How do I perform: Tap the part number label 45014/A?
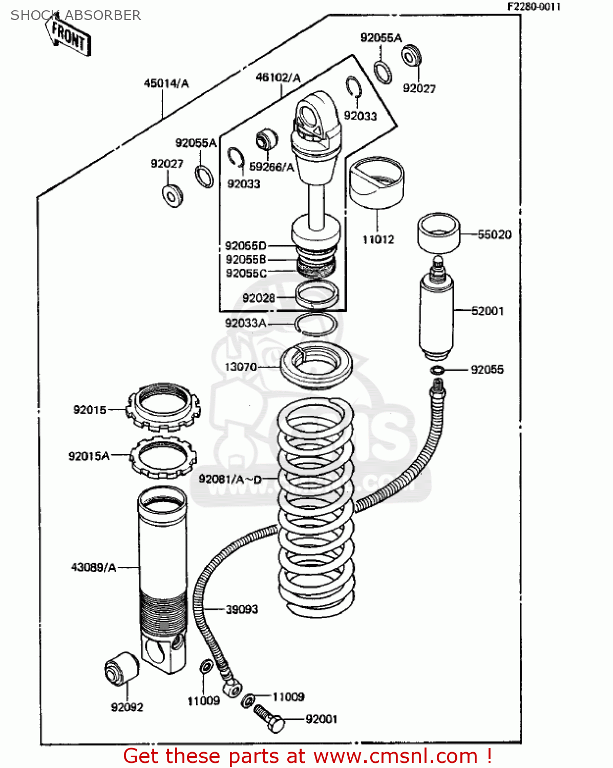click(166, 83)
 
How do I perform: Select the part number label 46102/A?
click(278, 78)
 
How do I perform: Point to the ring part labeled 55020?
click(438, 233)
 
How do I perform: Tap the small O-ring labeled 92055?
click(437, 370)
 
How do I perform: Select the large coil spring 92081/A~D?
click(315, 507)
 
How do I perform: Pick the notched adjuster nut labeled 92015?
click(163, 408)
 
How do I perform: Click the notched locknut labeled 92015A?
click(163, 457)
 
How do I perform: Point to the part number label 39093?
click(242, 609)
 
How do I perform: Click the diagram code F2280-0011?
click(534, 7)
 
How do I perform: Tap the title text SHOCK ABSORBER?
click(75, 15)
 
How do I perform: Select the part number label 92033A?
click(245, 323)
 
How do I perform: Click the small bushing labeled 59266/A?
click(266, 138)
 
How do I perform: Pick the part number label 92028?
click(259, 298)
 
